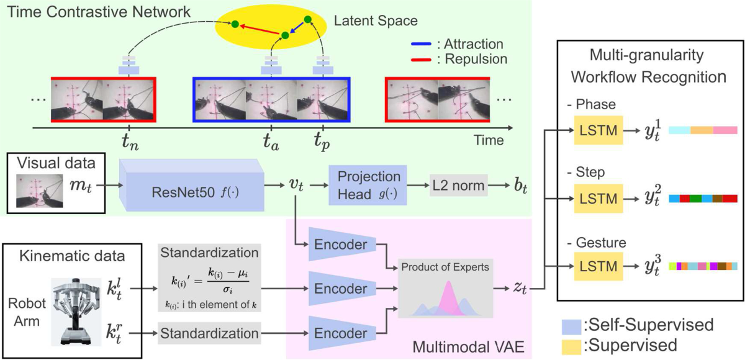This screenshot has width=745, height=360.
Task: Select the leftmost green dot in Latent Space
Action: pos(235,24)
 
